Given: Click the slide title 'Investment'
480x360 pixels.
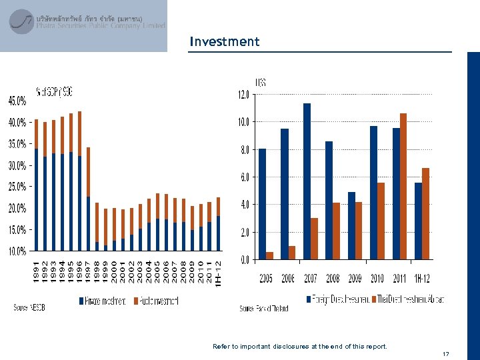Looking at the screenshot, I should point(224,41).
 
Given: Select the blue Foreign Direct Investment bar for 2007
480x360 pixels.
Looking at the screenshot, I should point(307,181).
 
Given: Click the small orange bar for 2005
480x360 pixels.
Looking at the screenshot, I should point(269,255).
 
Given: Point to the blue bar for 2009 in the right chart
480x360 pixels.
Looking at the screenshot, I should point(351,225).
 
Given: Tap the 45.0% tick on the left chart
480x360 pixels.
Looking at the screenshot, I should point(17,101).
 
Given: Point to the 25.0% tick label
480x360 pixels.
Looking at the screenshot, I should point(17,187).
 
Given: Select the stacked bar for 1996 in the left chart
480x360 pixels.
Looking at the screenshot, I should point(79,181).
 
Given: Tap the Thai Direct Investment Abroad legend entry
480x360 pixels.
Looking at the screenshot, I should point(408,298).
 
